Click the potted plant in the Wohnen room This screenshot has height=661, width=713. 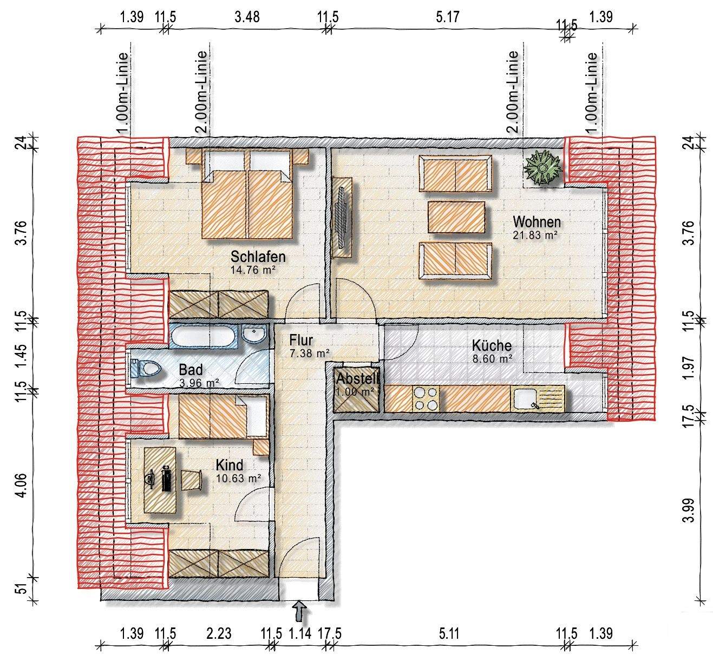click(542, 168)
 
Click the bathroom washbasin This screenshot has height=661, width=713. click(254, 333)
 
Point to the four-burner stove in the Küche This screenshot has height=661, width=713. click(426, 398)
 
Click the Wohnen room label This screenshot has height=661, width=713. click(537, 222)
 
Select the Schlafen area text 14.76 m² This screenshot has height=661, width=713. click(253, 270)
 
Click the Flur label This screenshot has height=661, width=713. click(301, 340)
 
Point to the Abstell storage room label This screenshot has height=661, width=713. click(357, 378)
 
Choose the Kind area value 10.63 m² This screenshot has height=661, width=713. click(238, 478)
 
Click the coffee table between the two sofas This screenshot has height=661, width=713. click(456, 217)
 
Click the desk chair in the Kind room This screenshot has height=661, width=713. click(191, 480)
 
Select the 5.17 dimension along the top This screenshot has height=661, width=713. click(447, 17)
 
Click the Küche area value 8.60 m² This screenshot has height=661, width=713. click(492, 359)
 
